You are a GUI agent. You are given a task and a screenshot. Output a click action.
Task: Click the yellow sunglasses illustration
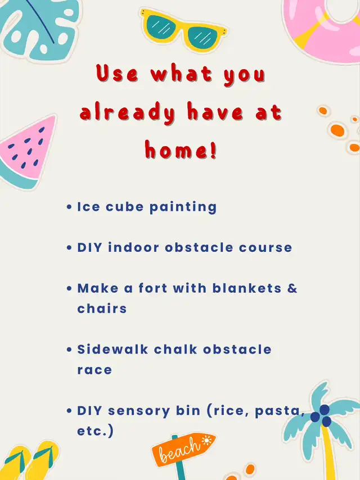[183, 29]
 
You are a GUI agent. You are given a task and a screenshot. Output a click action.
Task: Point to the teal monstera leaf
[38, 29]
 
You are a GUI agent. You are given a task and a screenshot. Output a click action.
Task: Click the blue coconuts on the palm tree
[321, 415]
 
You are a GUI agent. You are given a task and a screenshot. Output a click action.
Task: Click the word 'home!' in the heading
[181, 150]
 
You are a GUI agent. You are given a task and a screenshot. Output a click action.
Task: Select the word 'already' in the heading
[128, 113]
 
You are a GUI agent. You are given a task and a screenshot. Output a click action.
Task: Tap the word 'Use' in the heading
[117, 74]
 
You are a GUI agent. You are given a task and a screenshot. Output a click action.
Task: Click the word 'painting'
[183, 207]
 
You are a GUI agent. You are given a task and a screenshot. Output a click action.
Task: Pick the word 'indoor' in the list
[133, 247]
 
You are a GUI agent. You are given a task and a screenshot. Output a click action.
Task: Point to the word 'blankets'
[246, 288]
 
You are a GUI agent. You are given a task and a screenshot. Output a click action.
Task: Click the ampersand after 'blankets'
[292, 288]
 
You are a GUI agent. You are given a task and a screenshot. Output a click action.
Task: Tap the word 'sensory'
[139, 411]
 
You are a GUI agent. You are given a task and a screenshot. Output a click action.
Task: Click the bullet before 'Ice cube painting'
[69, 207]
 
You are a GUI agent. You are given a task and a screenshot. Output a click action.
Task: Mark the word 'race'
[94, 370]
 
